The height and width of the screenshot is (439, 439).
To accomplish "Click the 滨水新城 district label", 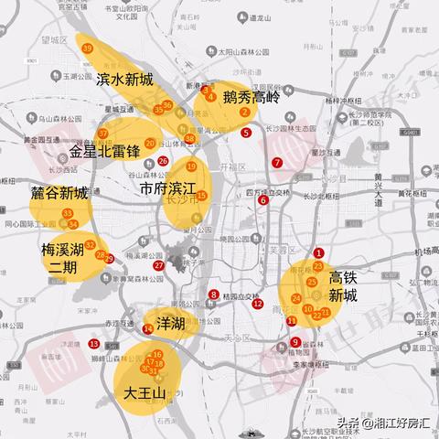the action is [124, 80].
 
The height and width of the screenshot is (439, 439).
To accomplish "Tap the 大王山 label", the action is [145, 393].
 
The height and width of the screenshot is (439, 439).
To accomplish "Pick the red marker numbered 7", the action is [277, 163].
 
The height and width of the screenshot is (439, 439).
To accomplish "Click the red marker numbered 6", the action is [262, 200].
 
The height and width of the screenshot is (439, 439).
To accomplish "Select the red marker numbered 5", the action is [246, 134].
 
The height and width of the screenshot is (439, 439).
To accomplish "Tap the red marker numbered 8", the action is [213, 294].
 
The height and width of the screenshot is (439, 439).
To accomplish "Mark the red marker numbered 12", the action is [258, 305].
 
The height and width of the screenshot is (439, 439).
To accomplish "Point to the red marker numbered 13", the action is [95, 344].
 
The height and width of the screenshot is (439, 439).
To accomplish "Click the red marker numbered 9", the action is [295, 343].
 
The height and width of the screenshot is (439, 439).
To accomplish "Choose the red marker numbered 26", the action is [163, 161].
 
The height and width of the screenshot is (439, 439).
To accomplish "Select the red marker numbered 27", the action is [158, 265].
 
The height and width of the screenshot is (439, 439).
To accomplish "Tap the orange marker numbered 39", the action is [87, 48].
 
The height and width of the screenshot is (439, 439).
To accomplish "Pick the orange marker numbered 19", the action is [191, 166].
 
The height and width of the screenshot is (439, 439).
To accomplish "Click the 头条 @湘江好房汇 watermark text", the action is [382, 423].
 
